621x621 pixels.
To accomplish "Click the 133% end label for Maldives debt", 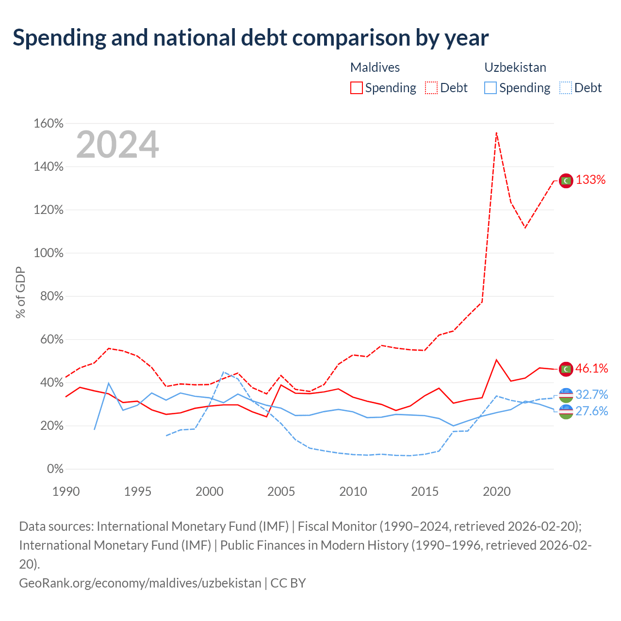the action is tap(590, 180).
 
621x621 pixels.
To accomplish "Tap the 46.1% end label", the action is tap(592, 368).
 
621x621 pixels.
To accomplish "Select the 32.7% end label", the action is tap(592, 394).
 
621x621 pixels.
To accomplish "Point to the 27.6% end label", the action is tap(592, 411).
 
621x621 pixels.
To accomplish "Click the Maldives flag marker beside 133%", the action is tap(566, 180).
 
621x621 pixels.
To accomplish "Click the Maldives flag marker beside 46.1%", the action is tap(566, 369).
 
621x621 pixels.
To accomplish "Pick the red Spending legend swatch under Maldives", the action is tap(357, 88).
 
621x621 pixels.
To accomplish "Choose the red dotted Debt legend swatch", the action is tap(431, 88).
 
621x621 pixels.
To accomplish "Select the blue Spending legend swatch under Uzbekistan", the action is tap(490, 88).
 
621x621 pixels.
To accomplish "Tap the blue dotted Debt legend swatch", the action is tap(566, 88).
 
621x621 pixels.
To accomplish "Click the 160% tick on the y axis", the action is tap(49, 123).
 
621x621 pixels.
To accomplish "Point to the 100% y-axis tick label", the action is tap(49, 253).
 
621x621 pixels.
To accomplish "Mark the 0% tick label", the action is tap(55, 469).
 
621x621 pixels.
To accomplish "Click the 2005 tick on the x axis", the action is tap(281, 491).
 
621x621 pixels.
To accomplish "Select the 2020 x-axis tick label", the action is tap(497, 491).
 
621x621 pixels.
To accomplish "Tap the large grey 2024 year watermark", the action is tap(117, 144).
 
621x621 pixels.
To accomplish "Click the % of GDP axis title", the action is tap(20, 292).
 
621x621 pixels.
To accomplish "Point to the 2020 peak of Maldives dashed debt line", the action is tap(497, 132).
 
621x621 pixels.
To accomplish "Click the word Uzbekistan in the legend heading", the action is tap(515, 67).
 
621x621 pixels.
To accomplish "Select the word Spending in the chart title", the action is tap(60, 38).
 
